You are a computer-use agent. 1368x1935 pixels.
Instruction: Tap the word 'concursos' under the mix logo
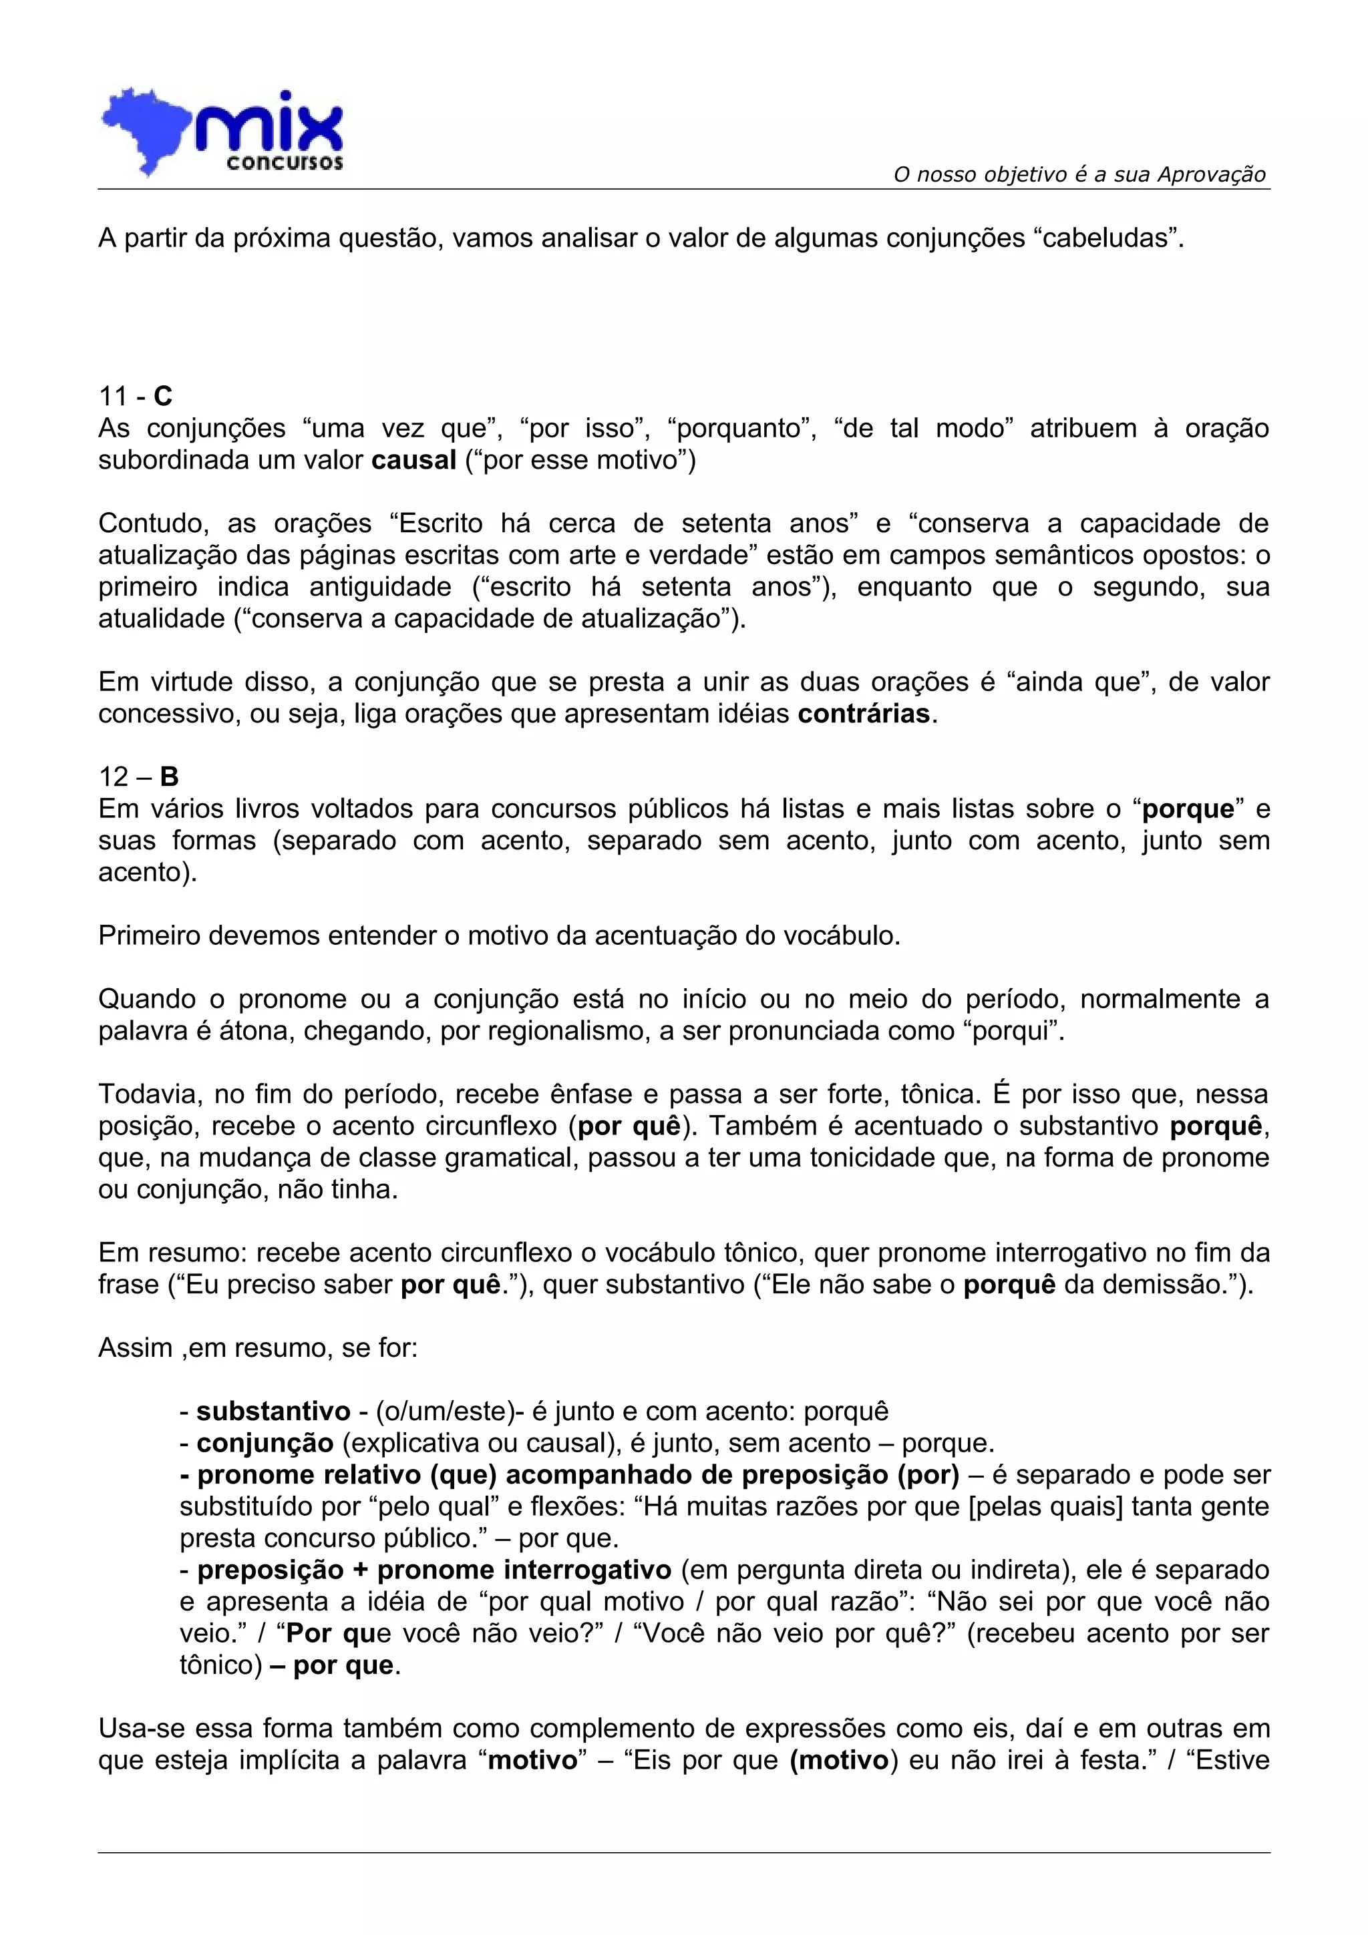(284, 162)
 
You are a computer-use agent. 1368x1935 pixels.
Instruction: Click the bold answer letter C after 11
(163, 396)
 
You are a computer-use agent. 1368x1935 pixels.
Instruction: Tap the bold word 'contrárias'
(864, 714)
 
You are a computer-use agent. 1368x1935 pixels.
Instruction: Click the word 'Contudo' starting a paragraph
(152, 523)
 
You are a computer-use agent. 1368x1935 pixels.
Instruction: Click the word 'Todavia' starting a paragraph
(149, 1094)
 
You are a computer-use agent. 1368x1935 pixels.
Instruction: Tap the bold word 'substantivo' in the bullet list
(273, 1411)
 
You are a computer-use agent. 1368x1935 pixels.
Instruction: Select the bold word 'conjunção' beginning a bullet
(265, 1443)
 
